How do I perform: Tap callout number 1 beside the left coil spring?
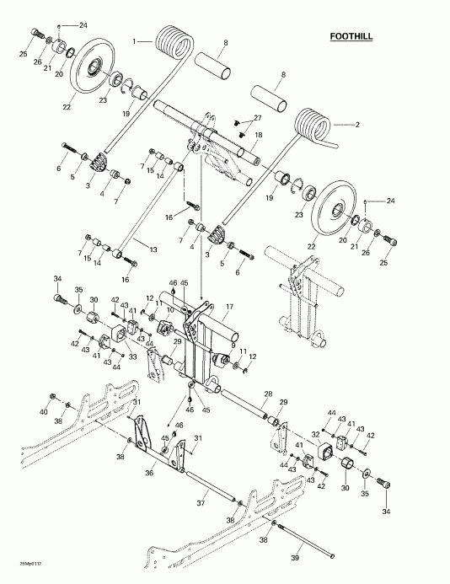click(133, 40)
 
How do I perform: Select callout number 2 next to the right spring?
click(356, 124)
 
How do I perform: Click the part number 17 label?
click(229, 306)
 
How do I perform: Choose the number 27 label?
click(258, 117)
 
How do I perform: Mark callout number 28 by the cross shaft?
click(267, 394)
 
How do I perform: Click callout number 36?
click(148, 473)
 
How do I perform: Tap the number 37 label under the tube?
click(200, 503)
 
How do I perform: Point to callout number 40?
click(44, 411)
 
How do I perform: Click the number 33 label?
click(132, 357)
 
